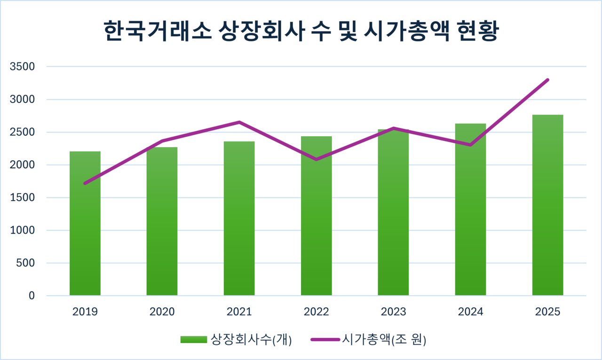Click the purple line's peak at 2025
pos(547,80)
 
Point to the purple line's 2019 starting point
pos(85,183)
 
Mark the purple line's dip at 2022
pos(316,159)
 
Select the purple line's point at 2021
pos(239,122)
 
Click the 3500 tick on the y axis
pos(22,67)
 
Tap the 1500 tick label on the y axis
pos(22,198)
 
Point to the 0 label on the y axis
pos(32,296)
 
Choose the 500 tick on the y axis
pos(25,263)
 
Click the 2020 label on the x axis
pos(162,312)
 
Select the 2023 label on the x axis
pos(393,312)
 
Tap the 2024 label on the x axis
pos(470,312)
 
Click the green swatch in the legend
pos(193,340)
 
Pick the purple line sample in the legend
pos(325,340)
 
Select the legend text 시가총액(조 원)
pos(384,340)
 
